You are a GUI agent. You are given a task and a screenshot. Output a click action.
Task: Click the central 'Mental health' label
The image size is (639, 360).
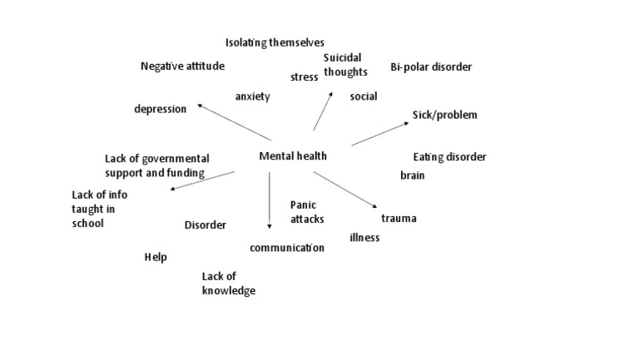click(x=293, y=155)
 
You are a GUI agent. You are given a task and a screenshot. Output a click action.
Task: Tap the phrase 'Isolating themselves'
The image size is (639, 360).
click(x=275, y=42)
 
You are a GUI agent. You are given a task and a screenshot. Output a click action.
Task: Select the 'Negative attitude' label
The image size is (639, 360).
click(x=182, y=67)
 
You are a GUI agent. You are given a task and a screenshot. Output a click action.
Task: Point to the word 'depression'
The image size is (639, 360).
click(x=161, y=109)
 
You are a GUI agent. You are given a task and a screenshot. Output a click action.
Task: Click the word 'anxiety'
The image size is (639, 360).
click(x=252, y=96)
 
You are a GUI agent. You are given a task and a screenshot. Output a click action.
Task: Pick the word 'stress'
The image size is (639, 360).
click(x=305, y=77)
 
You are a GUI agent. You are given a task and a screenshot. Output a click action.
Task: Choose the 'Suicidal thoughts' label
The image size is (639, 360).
click(x=345, y=65)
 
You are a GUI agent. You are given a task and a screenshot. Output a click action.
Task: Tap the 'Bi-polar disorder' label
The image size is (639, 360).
click(x=431, y=67)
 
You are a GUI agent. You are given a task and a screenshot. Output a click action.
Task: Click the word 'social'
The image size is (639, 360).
click(x=364, y=96)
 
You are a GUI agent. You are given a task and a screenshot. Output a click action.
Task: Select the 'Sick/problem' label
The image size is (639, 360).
click(x=445, y=115)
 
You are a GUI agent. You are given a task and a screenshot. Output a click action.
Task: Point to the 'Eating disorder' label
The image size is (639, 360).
click(x=449, y=157)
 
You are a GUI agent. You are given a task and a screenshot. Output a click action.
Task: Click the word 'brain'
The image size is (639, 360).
click(x=412, y=175)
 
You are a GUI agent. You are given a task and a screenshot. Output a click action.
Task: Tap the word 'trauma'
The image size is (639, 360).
click(x=399, y=219)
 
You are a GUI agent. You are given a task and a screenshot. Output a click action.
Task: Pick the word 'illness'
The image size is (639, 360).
click(x=364, y=238)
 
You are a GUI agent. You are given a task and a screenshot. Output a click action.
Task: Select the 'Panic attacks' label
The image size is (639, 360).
click(x=307, y=212)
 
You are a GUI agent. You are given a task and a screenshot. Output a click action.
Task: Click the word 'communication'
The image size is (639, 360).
click(x=287, y=248)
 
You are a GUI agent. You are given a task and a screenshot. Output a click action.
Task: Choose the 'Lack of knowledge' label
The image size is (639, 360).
click(x=228, y=284)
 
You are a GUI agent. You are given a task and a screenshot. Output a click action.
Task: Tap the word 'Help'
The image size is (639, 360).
click(x=156, y=258)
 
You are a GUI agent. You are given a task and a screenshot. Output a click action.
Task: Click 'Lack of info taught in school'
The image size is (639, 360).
click(x=99, y=209)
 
